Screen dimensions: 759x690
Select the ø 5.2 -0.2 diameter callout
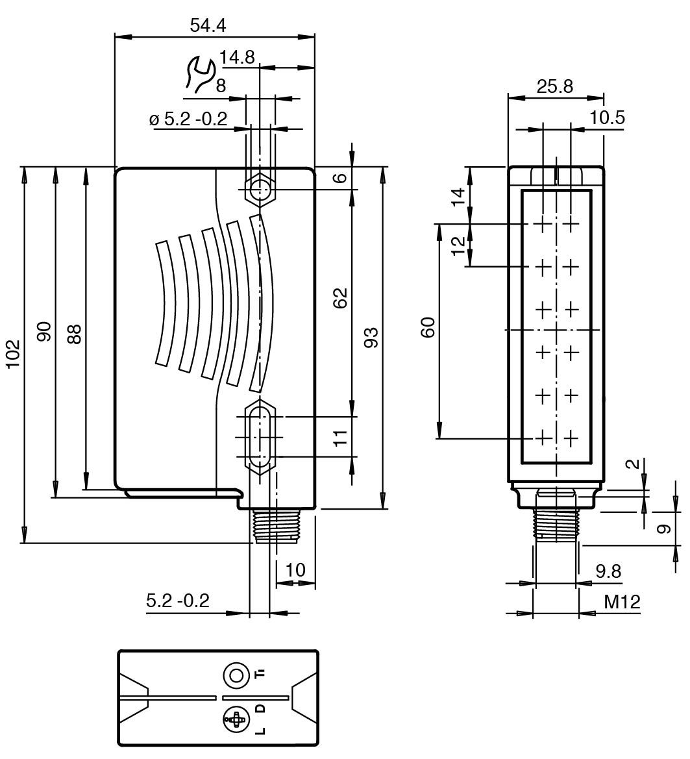[x=188, y=119]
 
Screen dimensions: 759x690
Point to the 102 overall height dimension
[x=14, y=354]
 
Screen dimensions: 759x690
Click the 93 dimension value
[x=371, y=337]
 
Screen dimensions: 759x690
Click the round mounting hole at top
[x=260, y=190]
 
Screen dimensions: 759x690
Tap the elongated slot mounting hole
[x=260, y=436]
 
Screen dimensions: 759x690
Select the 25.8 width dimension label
[x=555, y=86]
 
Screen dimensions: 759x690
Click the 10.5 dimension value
[x=608, y=118]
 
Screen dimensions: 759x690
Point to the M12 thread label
[x=621, y=602]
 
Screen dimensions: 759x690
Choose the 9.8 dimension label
[x=608, y=571]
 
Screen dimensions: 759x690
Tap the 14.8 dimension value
[x=237, y=57]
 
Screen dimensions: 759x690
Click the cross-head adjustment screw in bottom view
[x=236, y=719]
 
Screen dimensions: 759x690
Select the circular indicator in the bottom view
[x=236, y=676]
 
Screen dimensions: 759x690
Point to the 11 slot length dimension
[x=340, y=436]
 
